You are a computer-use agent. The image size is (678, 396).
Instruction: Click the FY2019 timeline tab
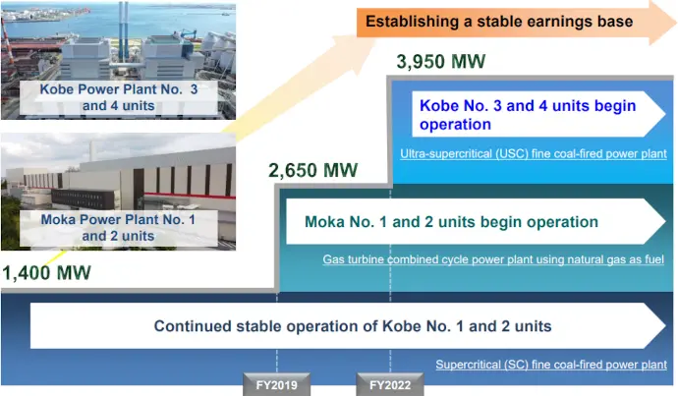[277, 384]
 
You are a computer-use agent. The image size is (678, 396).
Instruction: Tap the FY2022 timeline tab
[390, 384]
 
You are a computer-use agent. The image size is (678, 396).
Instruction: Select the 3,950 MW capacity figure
[441, 61]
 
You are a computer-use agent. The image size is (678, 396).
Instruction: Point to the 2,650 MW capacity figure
[313, 170]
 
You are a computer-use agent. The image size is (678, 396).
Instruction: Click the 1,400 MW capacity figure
[47, 273]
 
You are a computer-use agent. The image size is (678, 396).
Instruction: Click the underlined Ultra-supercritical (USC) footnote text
[534, 154]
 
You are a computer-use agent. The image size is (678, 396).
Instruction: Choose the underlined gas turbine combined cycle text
[493, 259]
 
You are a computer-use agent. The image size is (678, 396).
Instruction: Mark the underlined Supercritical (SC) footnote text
[551, 365]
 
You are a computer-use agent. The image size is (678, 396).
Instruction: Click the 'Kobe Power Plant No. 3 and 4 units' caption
[119, 97]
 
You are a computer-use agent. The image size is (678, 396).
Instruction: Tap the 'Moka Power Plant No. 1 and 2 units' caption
[119, 228]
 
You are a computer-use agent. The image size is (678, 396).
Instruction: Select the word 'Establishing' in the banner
[412, 22]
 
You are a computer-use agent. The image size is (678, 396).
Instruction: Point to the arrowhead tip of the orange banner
[677, 22]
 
